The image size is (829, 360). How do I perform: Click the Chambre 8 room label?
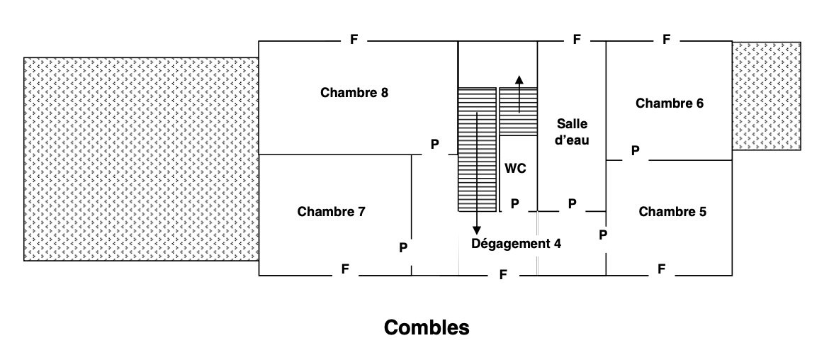[x=354, y=93]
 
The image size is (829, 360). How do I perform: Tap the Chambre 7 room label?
[x=331, y=212]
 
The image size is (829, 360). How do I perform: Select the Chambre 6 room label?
[x=670, y=103]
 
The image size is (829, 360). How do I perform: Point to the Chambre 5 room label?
[x=672, y=212]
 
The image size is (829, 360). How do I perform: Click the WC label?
[x=515, y=169]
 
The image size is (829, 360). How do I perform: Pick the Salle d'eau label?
[x=573, y=132]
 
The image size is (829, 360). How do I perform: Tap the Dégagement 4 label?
[x=516, y=244]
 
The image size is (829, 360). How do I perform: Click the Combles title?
[x=427, y=327]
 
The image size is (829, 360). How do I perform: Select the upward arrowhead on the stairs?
[x=519, y=80]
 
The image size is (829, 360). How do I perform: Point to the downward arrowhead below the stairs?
[x=477, y=230]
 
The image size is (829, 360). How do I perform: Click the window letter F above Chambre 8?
[x=354, y=40]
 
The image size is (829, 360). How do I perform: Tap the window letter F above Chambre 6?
[x=666, y=40]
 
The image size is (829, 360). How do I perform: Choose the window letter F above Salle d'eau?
[x=577, y=40]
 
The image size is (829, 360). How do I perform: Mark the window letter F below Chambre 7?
[x=345, y=269]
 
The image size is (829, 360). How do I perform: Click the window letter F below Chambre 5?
[x=661, y=269]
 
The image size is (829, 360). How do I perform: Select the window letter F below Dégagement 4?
[x=503, y=275]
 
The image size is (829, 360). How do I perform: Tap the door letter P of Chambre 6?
[x=635, y=151]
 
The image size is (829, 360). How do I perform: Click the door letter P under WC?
[x=515, y=204]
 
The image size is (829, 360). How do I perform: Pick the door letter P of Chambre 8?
[x=434, y=145]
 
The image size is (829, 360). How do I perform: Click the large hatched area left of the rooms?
[x=141, y=159]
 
